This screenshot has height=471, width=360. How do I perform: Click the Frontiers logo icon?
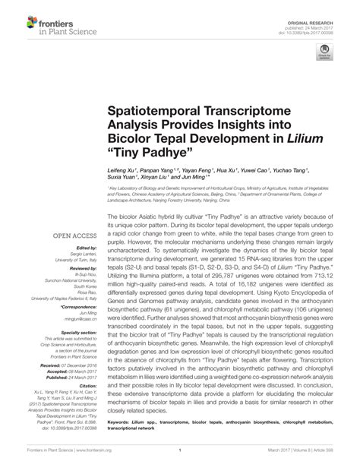pyautogui.click(x=21, y=23)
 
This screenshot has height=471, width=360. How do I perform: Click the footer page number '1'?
pyautogui.click(x=180, y=460)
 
